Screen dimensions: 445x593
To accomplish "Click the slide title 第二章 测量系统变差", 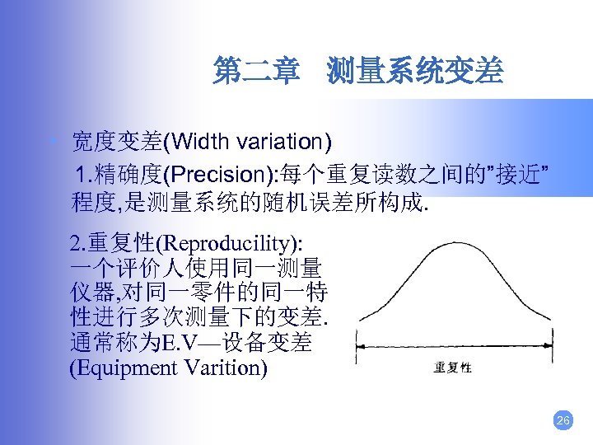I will [x=357, y=71].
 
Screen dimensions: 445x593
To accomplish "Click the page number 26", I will [x=563, y=420].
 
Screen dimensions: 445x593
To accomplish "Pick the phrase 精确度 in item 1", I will [x=135, y=175].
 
